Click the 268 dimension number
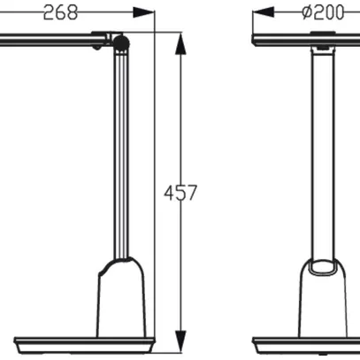(x=59, y=11)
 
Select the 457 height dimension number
(x=180, y=191)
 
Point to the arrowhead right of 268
(x=142, y=12)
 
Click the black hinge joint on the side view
(x=121, y=42)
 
